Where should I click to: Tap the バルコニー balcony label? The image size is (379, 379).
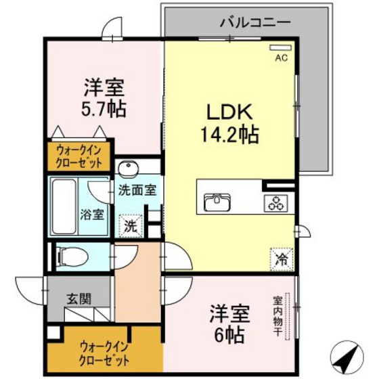point(254,22)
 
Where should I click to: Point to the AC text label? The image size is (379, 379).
point(281,58)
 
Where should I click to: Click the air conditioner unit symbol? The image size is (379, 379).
point(280,47)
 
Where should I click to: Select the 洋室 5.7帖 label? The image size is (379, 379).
point(105,97)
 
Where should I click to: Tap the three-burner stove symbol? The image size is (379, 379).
point(276,201)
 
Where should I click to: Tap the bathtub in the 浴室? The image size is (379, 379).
point(66,206)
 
